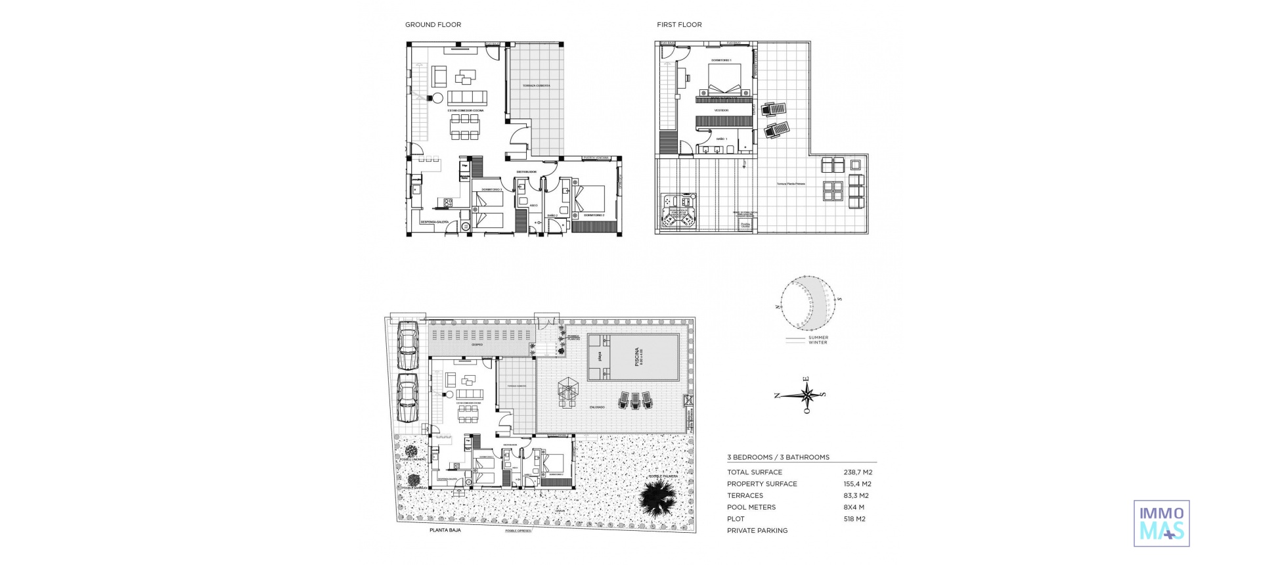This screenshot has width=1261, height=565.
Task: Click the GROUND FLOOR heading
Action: coord(433,25)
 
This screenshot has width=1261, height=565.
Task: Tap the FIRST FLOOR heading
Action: coord(679,25)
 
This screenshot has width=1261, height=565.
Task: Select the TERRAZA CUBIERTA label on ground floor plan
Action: coord(537,85)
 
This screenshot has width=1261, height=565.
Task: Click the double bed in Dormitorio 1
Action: coord(724,79)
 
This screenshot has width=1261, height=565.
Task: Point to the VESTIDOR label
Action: coord(721,110)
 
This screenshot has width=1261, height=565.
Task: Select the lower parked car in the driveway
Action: coord(409,399)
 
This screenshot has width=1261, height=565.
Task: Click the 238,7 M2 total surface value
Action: coord(858,472)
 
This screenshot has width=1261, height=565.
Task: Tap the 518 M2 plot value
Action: coord(854,519)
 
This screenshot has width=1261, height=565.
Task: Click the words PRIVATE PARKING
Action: coord(757,531)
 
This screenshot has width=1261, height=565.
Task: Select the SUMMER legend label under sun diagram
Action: coord(818,338)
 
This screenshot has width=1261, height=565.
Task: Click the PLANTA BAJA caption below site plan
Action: coord(445,530)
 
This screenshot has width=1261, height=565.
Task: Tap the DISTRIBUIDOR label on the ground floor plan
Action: coord(527,172)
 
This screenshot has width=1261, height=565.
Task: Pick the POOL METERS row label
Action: coord(751,507)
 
